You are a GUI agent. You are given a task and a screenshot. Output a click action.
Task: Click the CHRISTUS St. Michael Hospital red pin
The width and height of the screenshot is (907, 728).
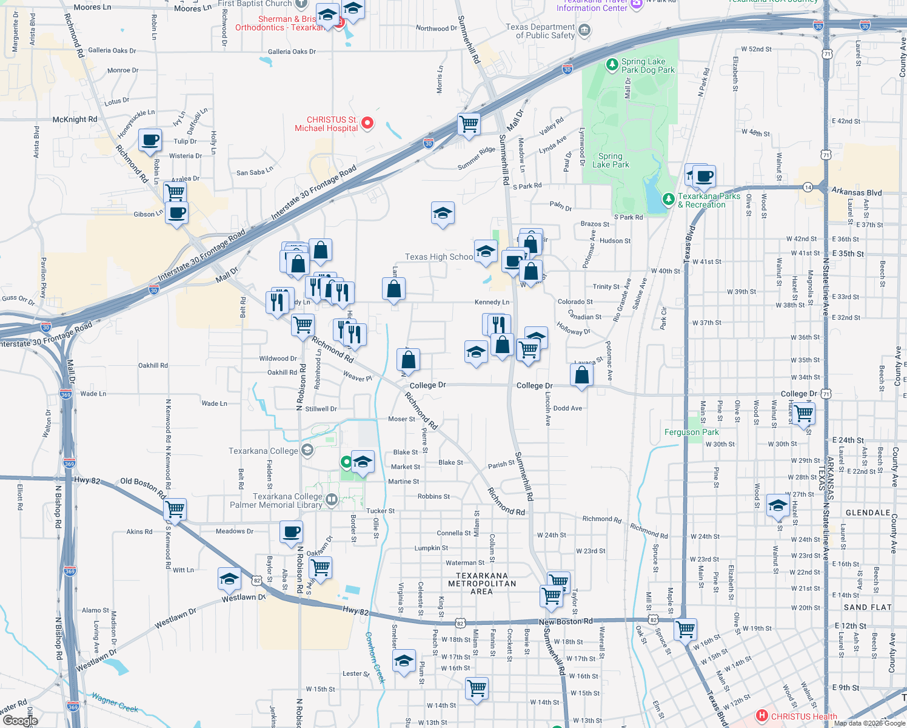click(367, 123)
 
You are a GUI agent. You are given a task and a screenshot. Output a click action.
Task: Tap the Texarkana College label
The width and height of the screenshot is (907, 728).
click(263, 451)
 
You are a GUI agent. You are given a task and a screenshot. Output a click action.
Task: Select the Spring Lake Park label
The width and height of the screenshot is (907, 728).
click(611, 160)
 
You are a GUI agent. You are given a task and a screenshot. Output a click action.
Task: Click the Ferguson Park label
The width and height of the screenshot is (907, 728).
click(692, 432)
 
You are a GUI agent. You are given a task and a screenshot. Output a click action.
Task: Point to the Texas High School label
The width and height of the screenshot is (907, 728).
click(438, 257)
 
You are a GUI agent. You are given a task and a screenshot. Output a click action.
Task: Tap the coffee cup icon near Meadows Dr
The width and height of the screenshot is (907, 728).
click(292, 531)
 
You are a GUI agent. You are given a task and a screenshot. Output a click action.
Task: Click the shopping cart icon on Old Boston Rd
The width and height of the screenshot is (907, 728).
click(175, 509)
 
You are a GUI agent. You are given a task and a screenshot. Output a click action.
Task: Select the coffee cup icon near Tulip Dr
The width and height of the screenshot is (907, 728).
click(150, 140)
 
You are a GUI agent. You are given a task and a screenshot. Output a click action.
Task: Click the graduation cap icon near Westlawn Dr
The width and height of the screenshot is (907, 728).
click(229, 579)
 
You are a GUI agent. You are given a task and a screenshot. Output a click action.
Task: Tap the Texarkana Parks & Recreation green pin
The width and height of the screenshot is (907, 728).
click(668, 198)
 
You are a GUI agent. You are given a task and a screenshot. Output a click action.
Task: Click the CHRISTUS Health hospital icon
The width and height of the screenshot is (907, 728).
click(762, 716)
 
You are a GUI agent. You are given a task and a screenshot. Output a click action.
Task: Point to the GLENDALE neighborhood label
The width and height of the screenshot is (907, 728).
click(868, 513)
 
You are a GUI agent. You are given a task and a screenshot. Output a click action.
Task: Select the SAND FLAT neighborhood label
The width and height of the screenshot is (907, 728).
click(868, 607)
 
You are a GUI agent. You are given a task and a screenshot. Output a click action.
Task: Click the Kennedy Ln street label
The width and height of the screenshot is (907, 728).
click(492, 302)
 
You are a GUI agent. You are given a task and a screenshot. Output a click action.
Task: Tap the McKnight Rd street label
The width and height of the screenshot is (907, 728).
click(75, 120)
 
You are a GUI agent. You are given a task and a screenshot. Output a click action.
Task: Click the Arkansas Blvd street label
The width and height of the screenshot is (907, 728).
click(856, 192)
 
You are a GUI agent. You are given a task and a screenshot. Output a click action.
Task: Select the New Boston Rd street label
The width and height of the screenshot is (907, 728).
click(566, 622)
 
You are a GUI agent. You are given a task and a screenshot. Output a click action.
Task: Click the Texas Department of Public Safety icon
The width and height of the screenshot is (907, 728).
click(584, 30)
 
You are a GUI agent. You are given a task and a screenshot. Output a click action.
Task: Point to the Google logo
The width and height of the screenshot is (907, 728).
click(20, 721)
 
